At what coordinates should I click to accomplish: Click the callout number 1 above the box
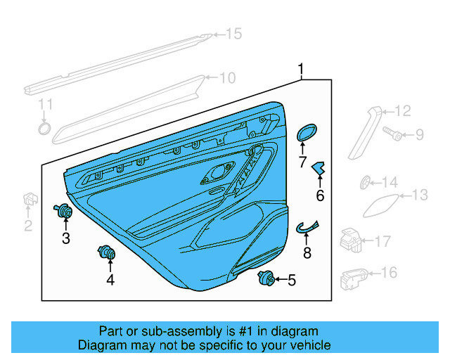301,69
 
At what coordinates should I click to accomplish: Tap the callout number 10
227,78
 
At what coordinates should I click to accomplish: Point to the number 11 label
45,105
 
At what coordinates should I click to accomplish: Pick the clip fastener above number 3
65,210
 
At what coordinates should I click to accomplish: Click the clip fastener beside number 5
266,278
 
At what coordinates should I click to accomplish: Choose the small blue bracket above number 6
320,169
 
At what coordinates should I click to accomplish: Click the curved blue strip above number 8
307,225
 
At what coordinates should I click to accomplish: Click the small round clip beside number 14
365,183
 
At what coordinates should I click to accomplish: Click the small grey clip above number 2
30,198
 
